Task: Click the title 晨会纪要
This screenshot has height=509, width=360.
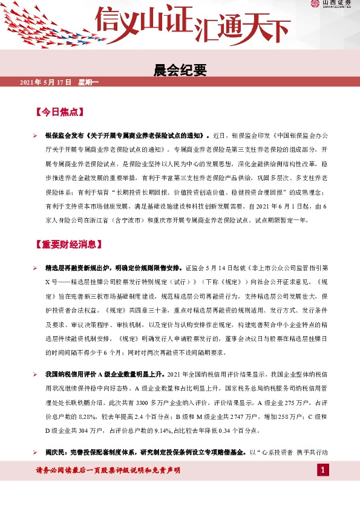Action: (180, 71)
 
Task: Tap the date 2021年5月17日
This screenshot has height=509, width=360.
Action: (46, 82)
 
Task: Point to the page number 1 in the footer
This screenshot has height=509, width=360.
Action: (324, 470)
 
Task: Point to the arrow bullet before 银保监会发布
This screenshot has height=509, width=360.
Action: (36, 135)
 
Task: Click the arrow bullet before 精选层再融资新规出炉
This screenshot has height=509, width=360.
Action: (36, 267)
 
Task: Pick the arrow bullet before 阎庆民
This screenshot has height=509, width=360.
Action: (36, 452)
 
